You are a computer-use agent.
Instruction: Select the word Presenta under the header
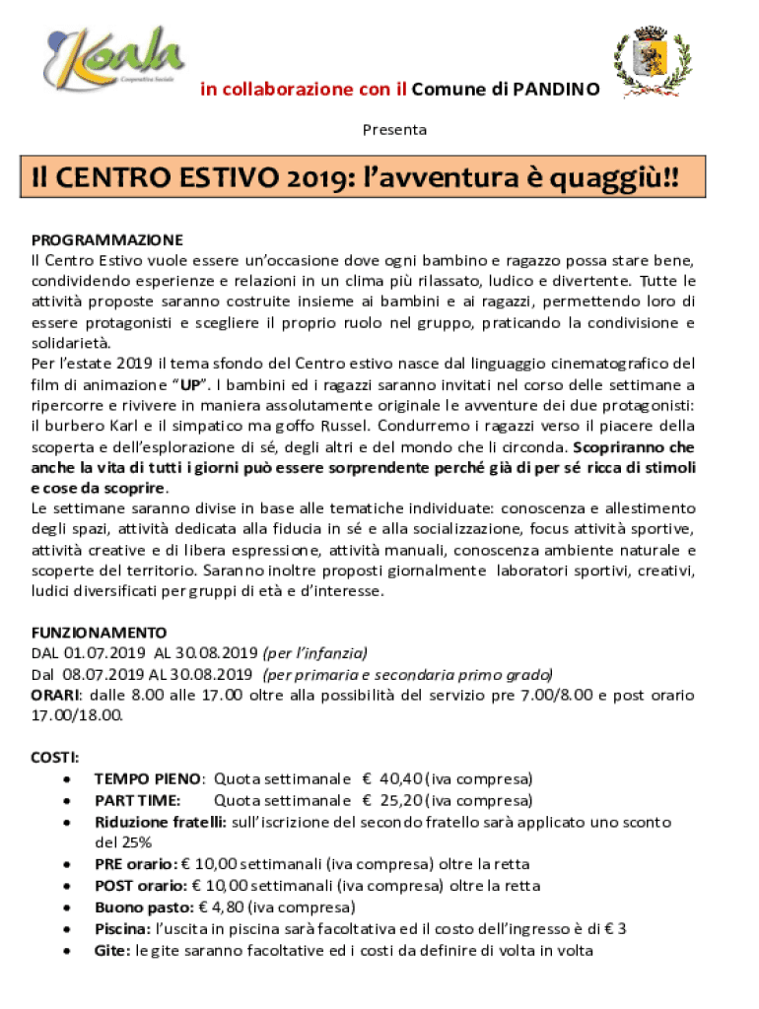coord(395,129)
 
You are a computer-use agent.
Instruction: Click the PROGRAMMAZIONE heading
coord(107,239)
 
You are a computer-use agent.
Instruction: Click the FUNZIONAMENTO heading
coord(99,632)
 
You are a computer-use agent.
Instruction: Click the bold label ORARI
coord(54,695)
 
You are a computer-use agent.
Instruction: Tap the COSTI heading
coord(55,757)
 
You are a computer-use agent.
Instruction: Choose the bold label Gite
coord(113,951)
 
